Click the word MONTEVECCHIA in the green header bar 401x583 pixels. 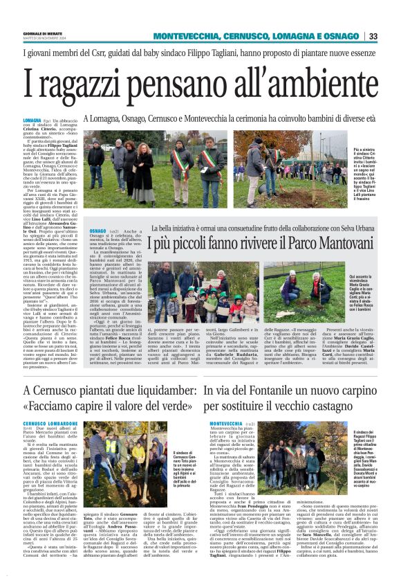point(183,36)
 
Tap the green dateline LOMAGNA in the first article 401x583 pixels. point(32,120)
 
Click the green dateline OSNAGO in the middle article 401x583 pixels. point(97,230)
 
